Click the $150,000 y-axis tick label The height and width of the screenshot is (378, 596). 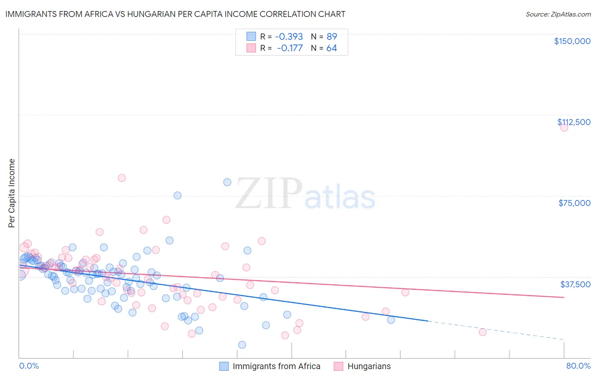pos(572,41)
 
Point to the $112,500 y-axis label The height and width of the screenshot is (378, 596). pos(574,122)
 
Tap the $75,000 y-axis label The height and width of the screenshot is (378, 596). pos(574,203)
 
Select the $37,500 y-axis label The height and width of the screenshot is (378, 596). pos(575,284)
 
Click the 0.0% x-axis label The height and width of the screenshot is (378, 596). pos(29,366)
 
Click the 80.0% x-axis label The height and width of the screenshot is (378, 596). pos(578,366)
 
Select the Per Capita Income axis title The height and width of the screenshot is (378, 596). pos(12,193)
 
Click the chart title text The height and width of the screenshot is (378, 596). pos(175,14)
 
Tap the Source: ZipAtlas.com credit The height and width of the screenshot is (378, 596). pos(558,14)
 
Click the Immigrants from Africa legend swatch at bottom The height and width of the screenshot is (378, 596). pos(224,366)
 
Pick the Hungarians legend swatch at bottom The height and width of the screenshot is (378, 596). pos(338,366)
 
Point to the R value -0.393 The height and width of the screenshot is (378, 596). pos(289,36)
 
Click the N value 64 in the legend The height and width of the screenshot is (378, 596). pos(331,48)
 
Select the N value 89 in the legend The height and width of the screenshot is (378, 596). pos(331,36)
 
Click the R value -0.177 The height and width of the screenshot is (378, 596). pos(290,48)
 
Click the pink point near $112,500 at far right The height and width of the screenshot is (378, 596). pos(564,128)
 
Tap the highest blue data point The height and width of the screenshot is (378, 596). pos(227,182)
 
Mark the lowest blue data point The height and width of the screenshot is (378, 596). pos(242,345)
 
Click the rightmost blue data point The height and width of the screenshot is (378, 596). pos(391,320)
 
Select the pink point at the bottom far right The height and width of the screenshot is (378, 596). pos(482,332)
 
